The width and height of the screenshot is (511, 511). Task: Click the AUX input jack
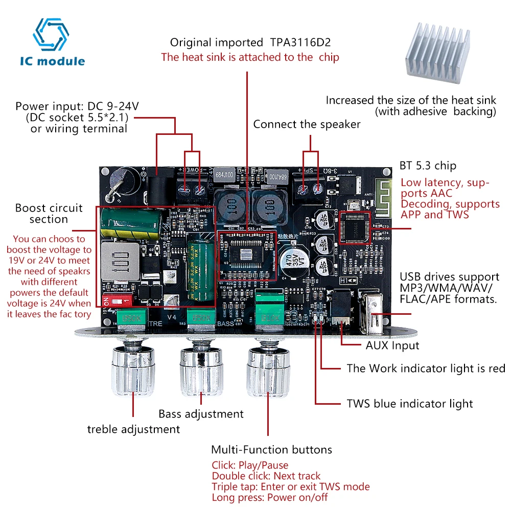[339, 309]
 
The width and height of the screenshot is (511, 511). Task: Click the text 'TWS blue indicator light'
[410, 404]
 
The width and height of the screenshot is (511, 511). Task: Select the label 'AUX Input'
[392, 345]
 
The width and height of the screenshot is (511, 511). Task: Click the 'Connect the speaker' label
[307, 124]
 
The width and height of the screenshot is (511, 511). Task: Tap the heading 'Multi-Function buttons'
[271, 450]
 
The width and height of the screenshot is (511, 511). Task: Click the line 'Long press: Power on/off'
[269, 497]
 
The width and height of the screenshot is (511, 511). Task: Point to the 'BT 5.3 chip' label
[427, 166]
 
